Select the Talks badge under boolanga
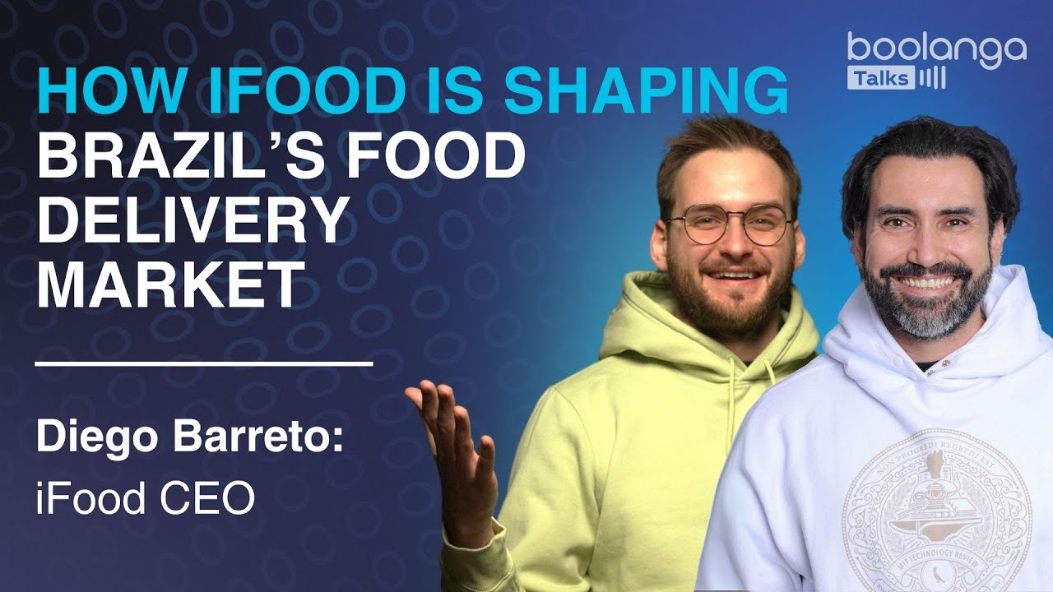tap(879, 78)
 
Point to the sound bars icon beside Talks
tap(933, 78)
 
